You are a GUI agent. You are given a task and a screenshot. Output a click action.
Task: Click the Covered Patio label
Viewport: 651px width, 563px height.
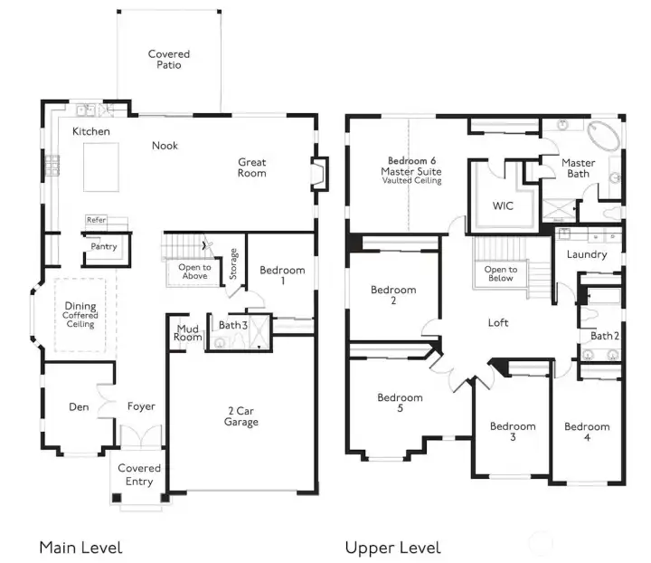pos(169,60)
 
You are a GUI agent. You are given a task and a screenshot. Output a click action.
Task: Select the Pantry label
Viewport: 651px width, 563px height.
pos(104,246)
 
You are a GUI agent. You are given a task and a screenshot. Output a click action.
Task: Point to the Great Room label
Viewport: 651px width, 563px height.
pos(252,167)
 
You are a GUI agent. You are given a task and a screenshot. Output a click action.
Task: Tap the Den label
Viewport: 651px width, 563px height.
pos(79,406)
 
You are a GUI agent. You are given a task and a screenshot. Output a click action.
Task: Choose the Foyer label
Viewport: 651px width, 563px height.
pos(140,406)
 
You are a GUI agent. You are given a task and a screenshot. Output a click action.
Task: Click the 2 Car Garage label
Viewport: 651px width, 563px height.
pos(241,416)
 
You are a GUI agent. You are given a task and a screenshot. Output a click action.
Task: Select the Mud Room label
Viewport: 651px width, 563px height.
pos(188,332)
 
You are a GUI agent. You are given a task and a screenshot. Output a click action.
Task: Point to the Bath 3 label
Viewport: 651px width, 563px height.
pos(232,325)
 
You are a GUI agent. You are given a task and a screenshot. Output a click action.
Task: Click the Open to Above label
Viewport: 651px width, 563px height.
pos(194,272)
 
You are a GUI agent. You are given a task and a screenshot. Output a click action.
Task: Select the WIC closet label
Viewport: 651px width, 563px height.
pos(503,205)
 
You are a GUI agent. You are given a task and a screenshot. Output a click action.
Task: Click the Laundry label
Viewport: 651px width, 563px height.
pos(587,254)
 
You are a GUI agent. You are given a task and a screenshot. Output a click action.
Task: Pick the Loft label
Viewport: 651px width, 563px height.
pos(498,322)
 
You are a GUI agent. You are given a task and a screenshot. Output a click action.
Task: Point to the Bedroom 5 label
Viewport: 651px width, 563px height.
pos(400,403)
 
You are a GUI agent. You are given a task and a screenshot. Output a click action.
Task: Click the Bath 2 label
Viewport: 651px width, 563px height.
pos(604,336)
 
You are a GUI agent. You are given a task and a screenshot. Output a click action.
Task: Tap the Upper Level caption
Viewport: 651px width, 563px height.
pos(392,548)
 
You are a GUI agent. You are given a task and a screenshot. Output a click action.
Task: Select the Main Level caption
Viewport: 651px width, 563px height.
pos(80,548)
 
